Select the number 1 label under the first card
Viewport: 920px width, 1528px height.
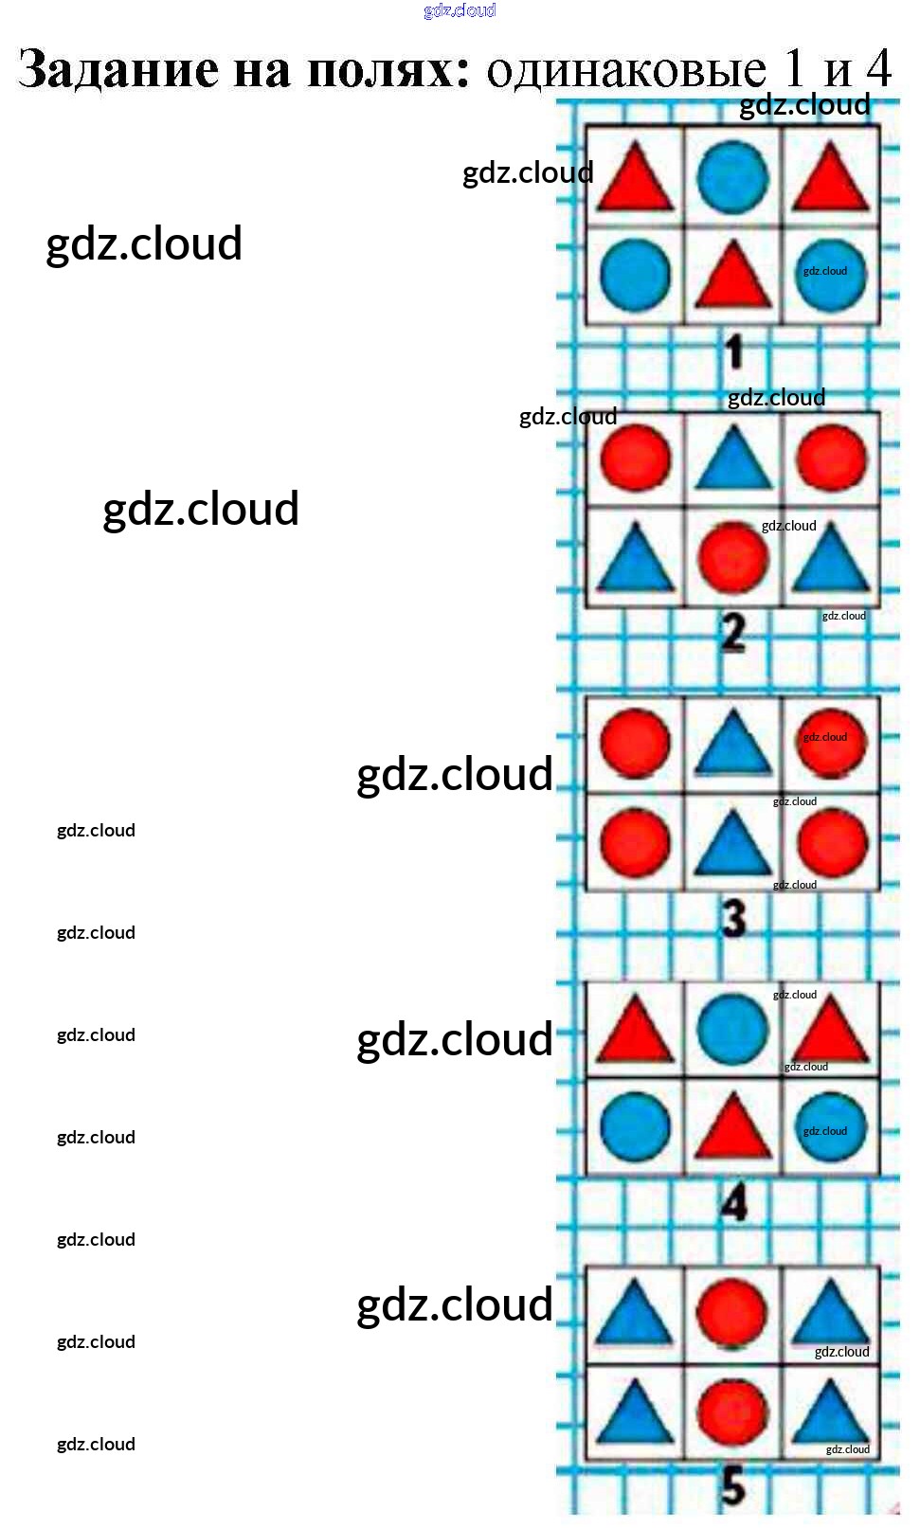734,351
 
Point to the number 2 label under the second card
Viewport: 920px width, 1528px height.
733,632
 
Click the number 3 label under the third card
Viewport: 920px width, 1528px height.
734,918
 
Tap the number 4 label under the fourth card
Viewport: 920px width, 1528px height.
734,1203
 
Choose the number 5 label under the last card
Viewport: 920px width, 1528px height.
733,1485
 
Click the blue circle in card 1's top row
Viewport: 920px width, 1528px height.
732,177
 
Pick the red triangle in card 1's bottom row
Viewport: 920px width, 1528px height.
733,277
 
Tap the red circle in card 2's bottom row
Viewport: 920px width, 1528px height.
733,557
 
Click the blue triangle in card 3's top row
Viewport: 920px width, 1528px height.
733,745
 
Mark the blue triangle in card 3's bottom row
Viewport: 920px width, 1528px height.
733,843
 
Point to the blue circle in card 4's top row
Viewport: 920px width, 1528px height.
732,1029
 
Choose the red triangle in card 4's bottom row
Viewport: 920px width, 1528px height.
733,1128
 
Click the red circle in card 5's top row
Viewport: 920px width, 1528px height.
731,1313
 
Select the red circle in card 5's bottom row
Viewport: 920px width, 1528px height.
732,1413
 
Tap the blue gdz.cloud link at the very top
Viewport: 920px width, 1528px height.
460,10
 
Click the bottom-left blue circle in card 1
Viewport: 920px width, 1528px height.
635,275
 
